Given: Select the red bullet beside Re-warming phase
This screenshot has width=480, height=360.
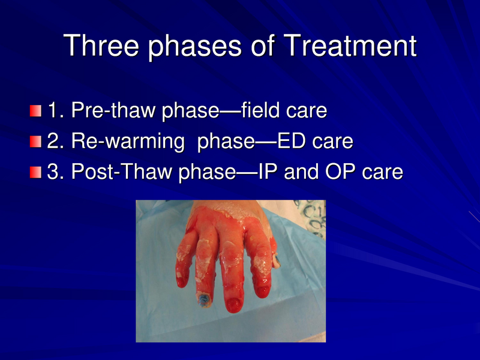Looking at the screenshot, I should pyautogui.click(x=37, y=142).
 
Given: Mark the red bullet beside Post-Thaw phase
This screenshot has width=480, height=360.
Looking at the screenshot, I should pyautogui.click(x=37, y=173).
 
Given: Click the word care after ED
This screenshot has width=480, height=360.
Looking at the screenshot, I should pyautogui.click(x=332, y=142).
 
